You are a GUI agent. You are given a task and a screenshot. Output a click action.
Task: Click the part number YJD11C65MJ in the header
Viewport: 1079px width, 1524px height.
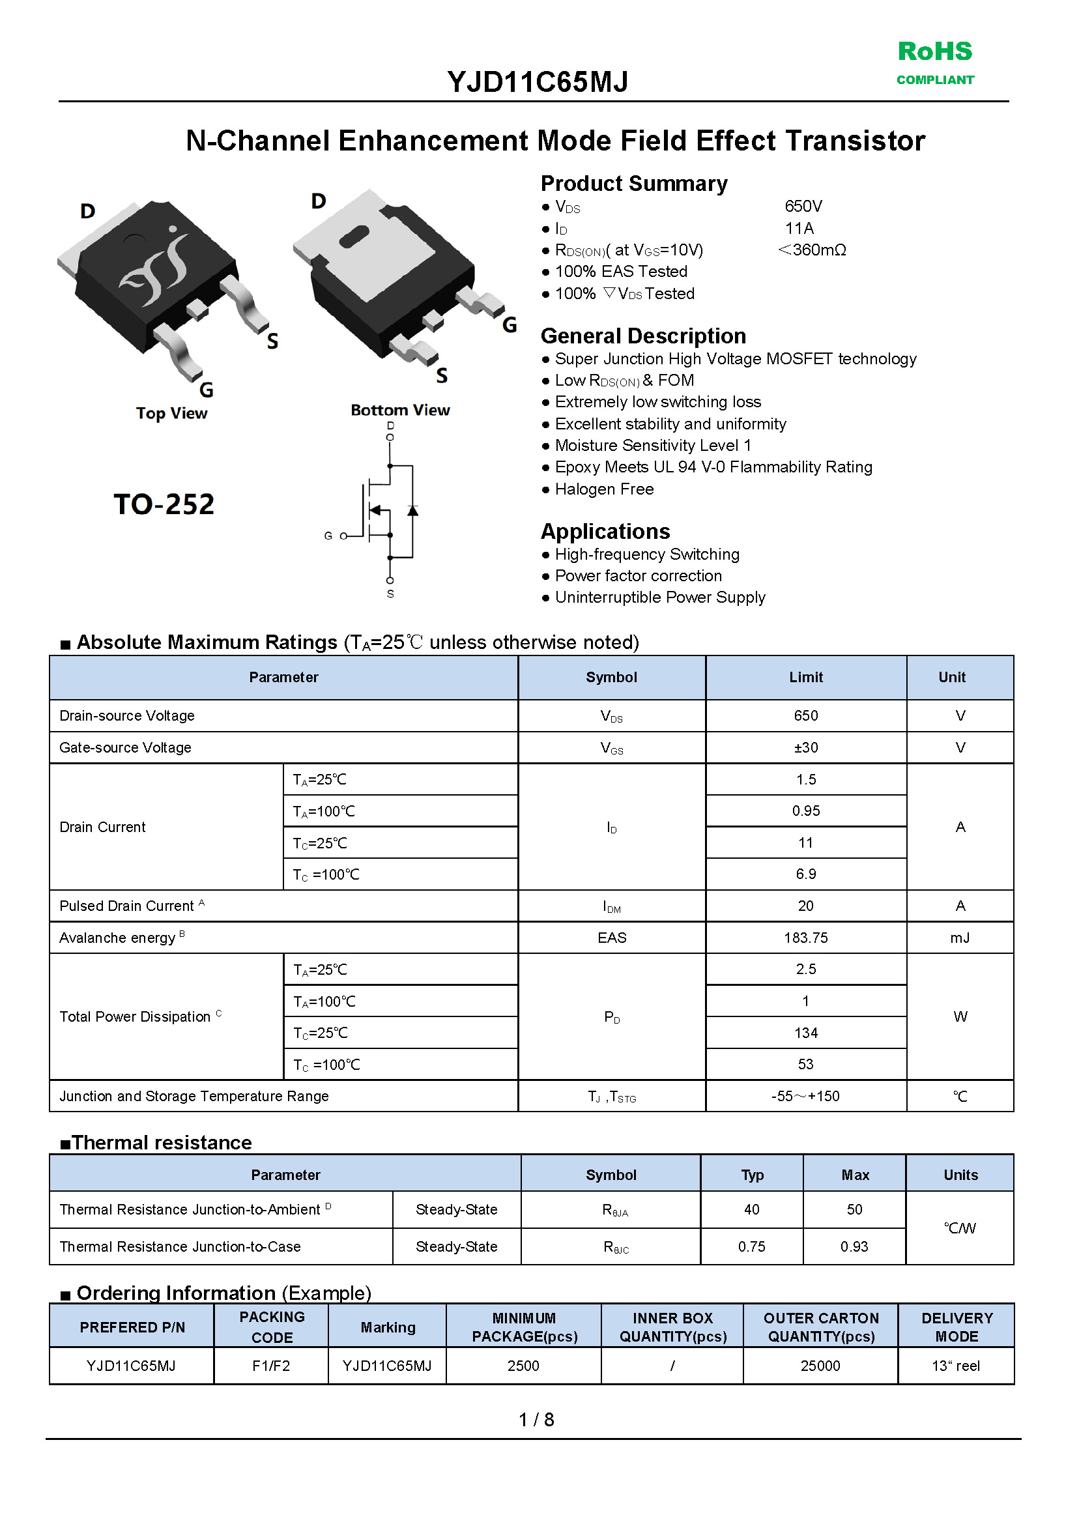point(538,82)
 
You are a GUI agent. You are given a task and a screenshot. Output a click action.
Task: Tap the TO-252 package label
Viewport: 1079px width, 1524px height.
point(164,504)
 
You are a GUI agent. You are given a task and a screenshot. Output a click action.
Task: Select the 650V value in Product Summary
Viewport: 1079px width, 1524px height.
point(803,207)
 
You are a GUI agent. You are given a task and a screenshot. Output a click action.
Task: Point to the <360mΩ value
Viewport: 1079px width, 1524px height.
point(812,250)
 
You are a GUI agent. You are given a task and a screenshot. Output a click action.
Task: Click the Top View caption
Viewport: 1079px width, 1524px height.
point(171,413)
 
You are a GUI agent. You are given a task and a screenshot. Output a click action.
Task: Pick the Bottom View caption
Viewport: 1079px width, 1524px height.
point(400,410)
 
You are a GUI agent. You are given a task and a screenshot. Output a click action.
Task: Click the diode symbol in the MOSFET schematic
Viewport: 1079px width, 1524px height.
point(412,510)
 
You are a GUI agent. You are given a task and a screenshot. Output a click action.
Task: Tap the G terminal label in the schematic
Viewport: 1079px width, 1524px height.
point(328,536)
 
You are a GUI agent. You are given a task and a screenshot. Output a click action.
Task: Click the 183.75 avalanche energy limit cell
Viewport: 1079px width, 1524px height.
point(805,938)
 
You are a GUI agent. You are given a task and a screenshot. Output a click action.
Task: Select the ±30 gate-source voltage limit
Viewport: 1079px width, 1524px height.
point(805,747)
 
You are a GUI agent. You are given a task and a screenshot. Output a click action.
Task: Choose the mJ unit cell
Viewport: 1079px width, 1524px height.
point(959,938)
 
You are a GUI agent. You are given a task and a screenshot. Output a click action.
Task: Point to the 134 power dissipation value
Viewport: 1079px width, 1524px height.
point(805,1032)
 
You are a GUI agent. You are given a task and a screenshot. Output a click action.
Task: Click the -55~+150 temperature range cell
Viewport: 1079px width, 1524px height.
point(805,1095)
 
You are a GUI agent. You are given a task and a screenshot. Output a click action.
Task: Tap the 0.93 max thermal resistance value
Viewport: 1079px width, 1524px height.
point(854,1246)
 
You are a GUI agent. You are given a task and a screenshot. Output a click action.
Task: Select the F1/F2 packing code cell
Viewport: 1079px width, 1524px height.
point(271,1366)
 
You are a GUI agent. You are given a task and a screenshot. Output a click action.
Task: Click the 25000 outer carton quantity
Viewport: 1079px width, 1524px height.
point(820,1366)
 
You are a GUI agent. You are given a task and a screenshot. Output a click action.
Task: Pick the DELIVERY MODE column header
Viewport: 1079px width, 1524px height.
point(956,1327)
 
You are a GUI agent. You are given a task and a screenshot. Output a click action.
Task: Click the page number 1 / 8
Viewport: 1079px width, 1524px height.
point(536,1420)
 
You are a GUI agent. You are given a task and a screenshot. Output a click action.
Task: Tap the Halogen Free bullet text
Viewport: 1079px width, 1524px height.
point(604,489)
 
